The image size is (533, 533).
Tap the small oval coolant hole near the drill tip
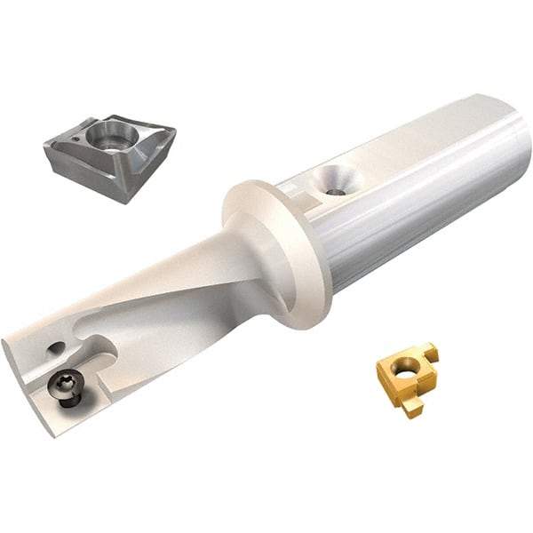55,348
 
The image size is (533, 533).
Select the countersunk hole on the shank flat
336,179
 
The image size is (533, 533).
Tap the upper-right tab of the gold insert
430,353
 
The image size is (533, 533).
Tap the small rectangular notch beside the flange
302,204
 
